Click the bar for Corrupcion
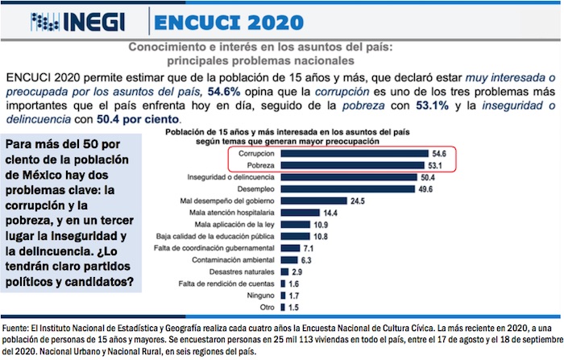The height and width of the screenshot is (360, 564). pyautogui.click(x=355, y=152)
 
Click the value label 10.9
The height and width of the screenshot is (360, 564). pyautogui.click(x=321, y=225)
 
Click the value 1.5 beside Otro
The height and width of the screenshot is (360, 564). pyautogui.click(x=294, y=308)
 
